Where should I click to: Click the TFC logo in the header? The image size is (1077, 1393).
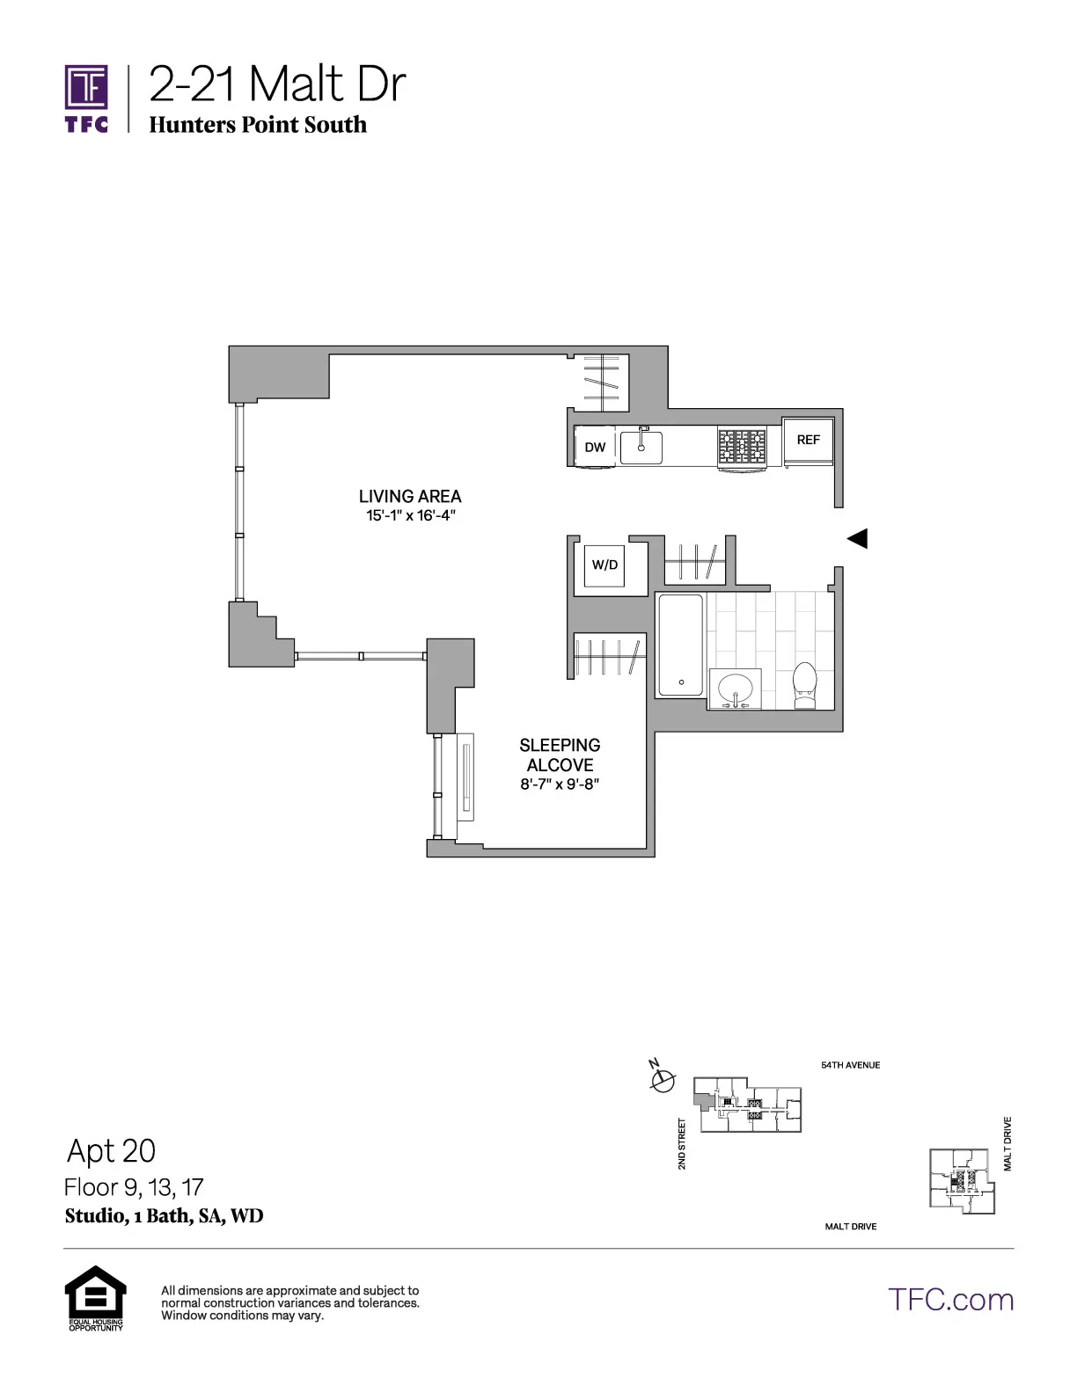click(86, 97)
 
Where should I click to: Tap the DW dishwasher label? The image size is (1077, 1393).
click(596, 447)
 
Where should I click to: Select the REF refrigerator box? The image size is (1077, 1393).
click(808, 440)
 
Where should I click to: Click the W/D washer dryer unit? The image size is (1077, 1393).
click(605, 565)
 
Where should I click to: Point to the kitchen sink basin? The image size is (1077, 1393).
click(641, 447)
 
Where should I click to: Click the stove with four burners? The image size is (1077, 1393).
click(742, 447)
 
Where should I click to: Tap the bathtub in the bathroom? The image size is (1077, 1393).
click(680, 645)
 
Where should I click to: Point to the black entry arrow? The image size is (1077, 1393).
click(857, 538)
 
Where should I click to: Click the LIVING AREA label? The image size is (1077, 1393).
click(410, 496)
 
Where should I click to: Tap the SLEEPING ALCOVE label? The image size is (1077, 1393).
click(560, 755)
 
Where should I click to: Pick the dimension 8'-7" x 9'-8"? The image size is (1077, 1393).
click(560, 784)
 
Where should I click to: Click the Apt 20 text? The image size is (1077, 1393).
click(111, 1150)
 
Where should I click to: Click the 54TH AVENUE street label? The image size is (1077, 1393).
click(850, 1065)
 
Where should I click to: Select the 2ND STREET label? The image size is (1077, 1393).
click(682, 1143)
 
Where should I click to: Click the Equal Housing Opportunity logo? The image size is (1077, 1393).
click(96, 1297)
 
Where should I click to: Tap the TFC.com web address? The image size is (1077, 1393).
click(950, 1300)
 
